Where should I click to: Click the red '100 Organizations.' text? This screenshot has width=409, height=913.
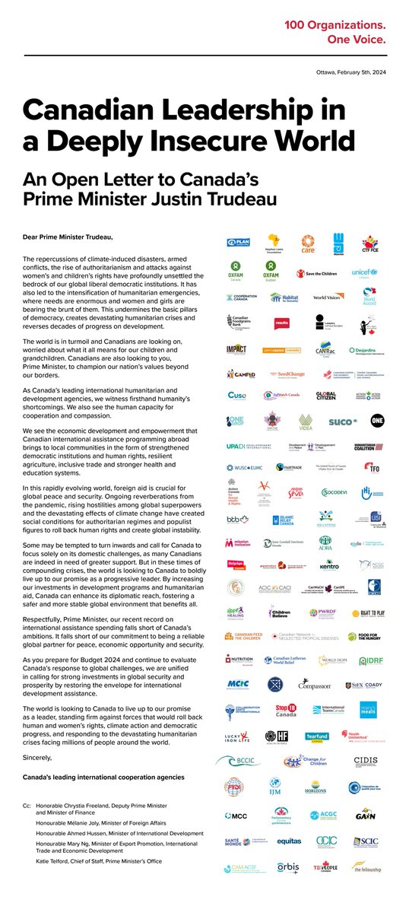346,26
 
